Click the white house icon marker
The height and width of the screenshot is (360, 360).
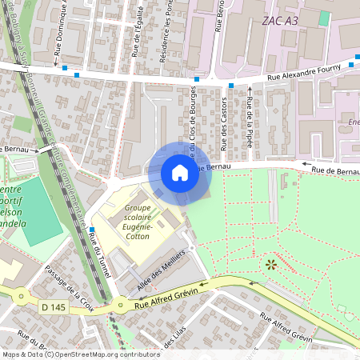(x=180, y=173)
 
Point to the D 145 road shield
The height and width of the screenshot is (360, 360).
(x=53, y=307)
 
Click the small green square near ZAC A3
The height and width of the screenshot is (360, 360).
(x=324, y=18)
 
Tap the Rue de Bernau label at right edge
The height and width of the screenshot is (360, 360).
(x=334, y=170)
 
